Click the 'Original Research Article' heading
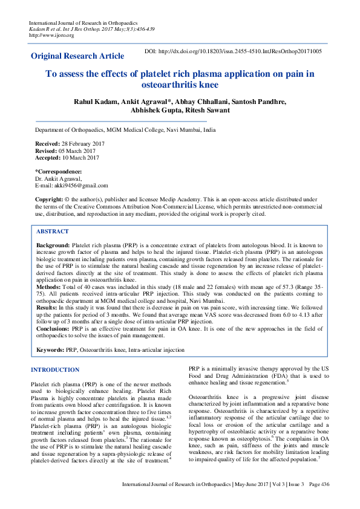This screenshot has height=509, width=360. tap(77, 56)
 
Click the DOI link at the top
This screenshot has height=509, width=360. tap(232, 52)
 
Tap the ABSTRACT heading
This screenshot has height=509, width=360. tap(52, 232)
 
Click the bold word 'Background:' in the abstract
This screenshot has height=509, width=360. tap(53, 245)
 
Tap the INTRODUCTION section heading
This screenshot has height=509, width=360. tap(54, 369)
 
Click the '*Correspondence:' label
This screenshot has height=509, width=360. tap(58, 172)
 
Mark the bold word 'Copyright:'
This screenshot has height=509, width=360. tap(48, 199)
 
